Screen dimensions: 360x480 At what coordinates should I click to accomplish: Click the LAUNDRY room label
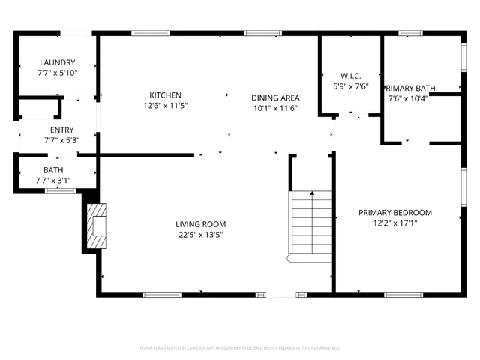coord(58,62)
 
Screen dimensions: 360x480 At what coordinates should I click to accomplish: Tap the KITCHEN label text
coord(165,95)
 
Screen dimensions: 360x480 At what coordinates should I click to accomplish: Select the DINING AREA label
coord(276,97)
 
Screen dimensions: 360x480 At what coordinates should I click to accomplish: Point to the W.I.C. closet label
coord(351,75)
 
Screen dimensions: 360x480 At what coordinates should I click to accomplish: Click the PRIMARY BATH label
coord(411,87)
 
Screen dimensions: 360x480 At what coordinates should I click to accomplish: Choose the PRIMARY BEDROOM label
coord(394,212)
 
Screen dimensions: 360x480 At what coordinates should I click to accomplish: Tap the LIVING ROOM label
coord(200,224)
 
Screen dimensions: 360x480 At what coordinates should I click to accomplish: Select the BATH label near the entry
coord(52,170)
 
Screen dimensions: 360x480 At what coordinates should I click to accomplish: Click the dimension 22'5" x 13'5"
coord(200,235)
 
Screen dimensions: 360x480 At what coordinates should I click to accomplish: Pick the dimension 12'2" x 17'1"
coord(394,223)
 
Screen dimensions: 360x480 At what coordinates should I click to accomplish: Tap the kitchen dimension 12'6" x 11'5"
coord(165,106)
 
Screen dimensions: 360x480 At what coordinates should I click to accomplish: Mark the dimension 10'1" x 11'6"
coord(276,108)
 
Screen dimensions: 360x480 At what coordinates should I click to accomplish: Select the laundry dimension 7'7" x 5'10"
coord(58,73)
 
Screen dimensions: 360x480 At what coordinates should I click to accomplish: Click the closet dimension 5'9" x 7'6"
coord(351,85)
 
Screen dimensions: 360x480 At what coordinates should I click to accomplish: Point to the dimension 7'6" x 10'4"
coord(408,97)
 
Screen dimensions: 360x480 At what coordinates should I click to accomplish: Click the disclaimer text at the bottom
coord(240,347)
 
